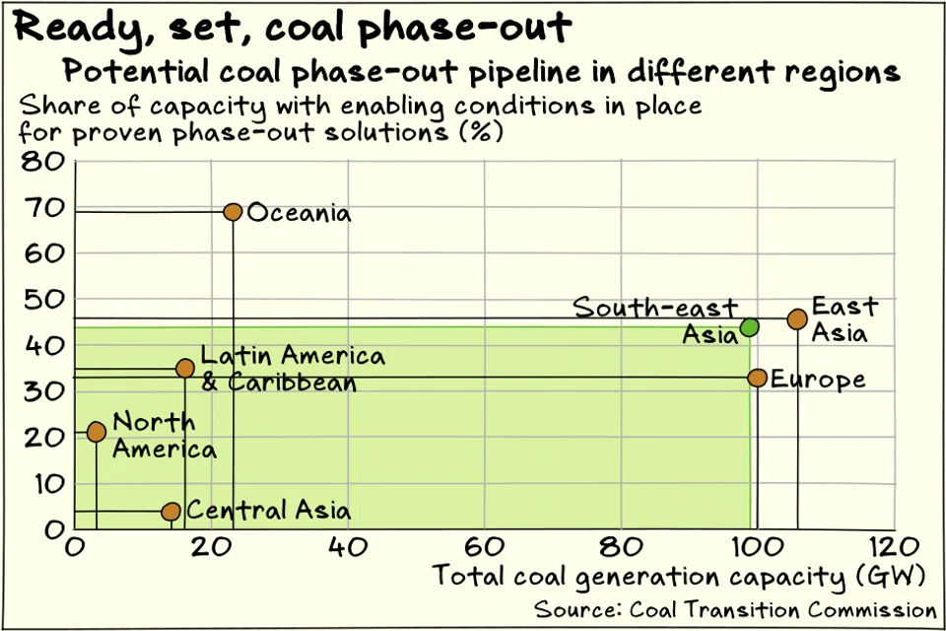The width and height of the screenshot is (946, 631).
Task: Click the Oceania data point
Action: click(x=233, y=212)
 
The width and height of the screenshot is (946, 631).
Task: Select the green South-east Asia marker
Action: click(x=749, y=327)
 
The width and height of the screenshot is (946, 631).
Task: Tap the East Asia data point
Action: click(x=797, y=319)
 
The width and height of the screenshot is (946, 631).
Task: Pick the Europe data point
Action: click(x=757, y=378)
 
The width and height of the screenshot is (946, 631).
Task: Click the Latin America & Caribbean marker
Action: click(x=184, y=368)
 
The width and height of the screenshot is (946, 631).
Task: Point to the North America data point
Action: click(x=96, y=432)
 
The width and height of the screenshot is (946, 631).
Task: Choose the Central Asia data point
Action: click(x=170, y=512)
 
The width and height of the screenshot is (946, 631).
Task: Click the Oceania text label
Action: click(x=299, y=213)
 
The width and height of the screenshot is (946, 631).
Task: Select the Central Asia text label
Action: click(x=268, y=511)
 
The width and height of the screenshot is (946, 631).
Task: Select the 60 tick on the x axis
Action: click(x=483, y=547)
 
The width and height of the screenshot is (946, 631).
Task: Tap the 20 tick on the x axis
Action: click(x=210, y=547)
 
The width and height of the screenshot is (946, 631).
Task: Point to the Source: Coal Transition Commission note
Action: click(x=735, y=607)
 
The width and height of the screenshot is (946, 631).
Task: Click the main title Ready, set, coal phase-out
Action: click(x=292, y=28)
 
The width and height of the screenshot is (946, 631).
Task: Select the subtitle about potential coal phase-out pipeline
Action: click(x=481, y=72)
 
